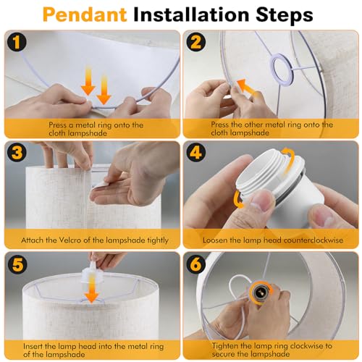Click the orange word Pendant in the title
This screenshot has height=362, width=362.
pos(85,15)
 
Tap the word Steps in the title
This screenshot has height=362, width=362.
pos(285,15)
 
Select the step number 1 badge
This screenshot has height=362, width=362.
pos(17,42)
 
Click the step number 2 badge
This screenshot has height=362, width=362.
pos(195,42)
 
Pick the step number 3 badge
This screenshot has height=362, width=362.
pos(17,153)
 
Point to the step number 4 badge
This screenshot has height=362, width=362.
pos(195,153)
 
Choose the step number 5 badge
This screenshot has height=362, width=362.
pos(17,264)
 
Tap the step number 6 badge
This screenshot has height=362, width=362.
pos(195,264)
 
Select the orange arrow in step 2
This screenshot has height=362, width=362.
pos(248,88)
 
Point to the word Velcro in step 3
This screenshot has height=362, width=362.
pos(70,240)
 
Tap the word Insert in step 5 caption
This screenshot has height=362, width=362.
pos(33,346)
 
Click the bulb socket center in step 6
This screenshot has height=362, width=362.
pos(259,292)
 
